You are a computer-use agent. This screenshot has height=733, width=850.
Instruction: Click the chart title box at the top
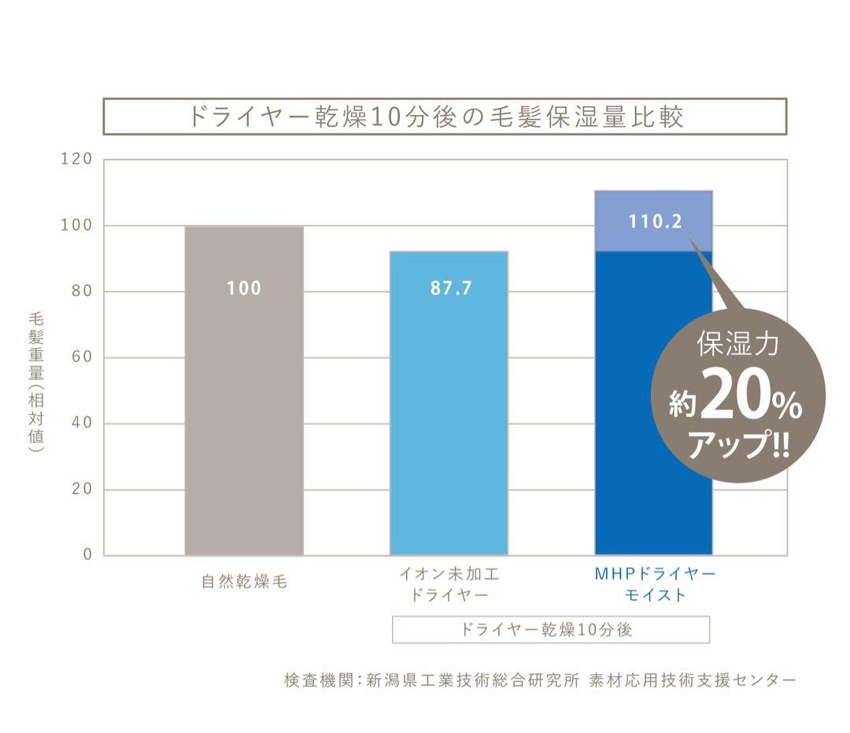pyautogui.click(x=445, y=117)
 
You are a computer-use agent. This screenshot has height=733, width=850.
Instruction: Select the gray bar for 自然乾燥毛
pyautogui.click(x=244, y=394)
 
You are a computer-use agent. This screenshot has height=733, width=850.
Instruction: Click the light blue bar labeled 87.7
pyautogui.click(x=449, y=409)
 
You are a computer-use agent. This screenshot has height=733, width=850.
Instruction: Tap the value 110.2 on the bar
pyautogui.click(x=654, y=222)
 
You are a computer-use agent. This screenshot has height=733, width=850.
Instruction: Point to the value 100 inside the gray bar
pyautogui.click(x=244, y=289)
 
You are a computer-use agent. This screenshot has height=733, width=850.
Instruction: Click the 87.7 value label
pyautogui.click(x=451, y=289)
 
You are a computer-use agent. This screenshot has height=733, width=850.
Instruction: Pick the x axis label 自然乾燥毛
pyautogui.click(x=244, y=584)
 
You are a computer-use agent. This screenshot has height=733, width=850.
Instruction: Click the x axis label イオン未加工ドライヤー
pyautogui.click(x=449, y=584)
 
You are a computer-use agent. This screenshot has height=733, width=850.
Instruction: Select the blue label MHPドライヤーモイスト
pyautogui.click(x=655, y=584)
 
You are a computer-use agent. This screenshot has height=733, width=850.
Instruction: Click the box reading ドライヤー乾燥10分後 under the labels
pyautogui.click(x=551, y=630)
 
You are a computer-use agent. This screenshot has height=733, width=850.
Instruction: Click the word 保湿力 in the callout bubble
pyautogui.click(x=737, y=345)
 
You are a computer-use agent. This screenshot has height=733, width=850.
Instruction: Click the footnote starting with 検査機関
pyautogui.click(x=540, y=679)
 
